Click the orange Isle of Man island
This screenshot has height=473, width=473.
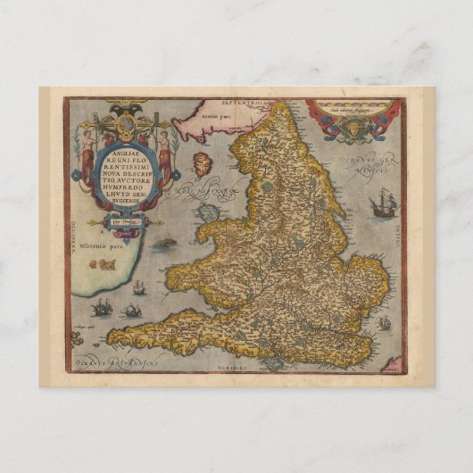coord(201,165)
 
